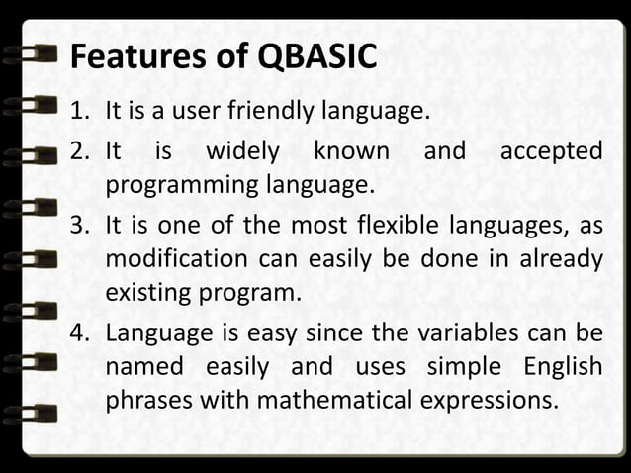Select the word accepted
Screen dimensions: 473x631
(551, 151)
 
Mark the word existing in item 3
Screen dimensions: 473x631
(144, 294)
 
